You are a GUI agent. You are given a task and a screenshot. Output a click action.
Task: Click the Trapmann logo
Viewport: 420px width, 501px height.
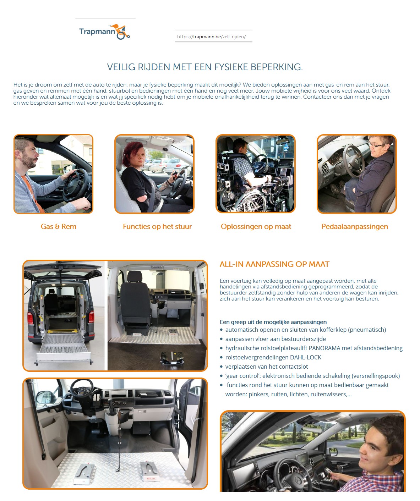point(104,32)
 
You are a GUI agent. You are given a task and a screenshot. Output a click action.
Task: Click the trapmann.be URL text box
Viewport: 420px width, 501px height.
point(213,37)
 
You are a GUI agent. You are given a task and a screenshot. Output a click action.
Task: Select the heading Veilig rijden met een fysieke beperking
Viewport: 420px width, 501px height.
point(205,67)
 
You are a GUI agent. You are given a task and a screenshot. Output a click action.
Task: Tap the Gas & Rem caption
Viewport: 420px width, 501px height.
point(59,226)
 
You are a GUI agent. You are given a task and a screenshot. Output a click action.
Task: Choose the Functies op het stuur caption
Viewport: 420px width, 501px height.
point(157,226)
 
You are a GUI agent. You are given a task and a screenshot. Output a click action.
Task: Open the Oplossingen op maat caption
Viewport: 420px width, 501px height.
point(256,226)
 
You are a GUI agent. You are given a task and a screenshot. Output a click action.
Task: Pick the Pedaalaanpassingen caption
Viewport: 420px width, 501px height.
point(354,226)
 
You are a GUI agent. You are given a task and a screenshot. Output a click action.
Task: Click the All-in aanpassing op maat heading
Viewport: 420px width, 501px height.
point(274,264)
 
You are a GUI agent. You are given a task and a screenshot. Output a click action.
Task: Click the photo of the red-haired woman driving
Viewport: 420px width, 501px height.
point(154,174)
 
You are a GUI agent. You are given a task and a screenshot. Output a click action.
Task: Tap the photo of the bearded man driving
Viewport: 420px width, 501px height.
point(53,174)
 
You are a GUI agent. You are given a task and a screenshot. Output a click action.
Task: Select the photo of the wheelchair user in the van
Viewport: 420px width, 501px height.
point(255,174)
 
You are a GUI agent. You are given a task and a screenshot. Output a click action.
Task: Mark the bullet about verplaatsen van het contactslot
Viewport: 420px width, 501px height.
point(266,367)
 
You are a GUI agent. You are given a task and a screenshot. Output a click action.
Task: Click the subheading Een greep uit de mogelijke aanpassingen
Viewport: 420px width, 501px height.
point(273,322)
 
